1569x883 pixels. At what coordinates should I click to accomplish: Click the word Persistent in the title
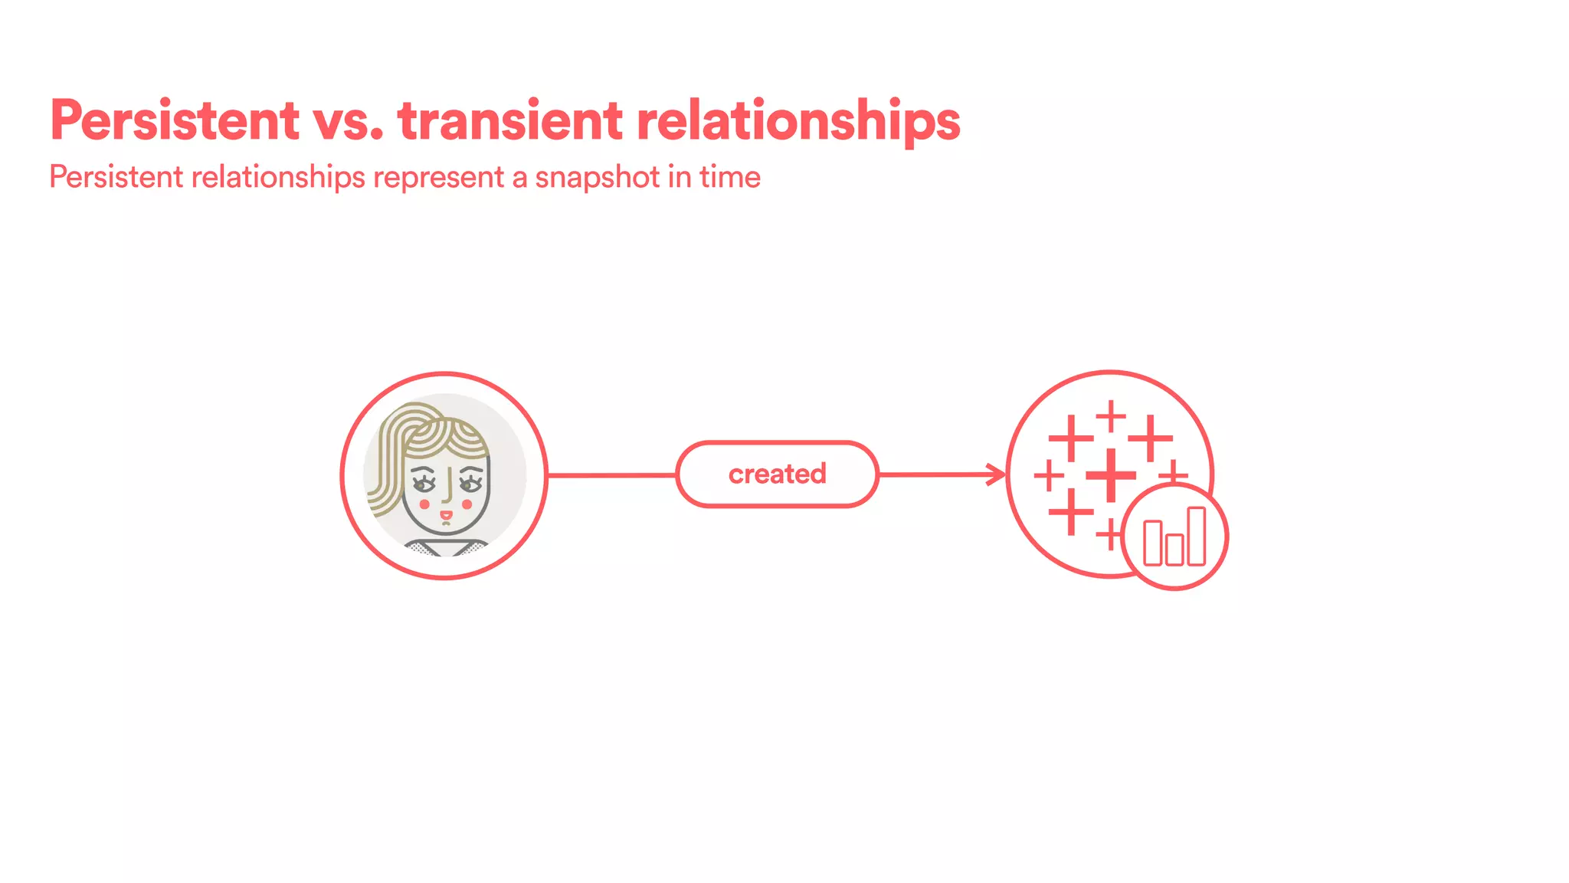point(175,120)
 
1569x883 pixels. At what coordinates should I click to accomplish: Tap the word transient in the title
point(511,120)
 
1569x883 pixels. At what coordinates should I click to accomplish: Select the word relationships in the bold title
point(798,120)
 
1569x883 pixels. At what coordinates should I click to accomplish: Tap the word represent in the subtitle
point(439,178)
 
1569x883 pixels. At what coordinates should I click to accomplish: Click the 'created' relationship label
point(777,474)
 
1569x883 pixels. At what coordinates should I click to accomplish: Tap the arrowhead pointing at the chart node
point(997,474)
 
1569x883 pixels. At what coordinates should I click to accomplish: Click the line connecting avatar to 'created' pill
point(611,475)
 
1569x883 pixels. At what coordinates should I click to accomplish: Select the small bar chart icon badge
point(1174,537)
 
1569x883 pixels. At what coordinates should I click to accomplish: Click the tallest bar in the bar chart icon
point(1196,536)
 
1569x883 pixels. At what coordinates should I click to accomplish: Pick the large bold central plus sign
point(1111,475)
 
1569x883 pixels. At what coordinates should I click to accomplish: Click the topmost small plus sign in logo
point(1111,416)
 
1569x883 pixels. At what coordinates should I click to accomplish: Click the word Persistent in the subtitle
point(116,178)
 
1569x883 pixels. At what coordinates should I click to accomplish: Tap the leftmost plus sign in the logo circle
point(1049,475)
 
